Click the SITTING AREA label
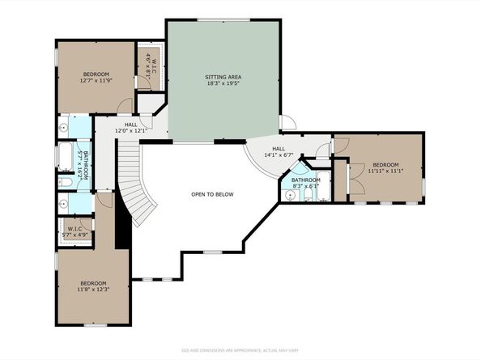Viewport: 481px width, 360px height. click(x=223, y=77)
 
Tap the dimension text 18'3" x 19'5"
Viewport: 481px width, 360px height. click(x=223, y=83)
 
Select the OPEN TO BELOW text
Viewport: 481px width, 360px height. click(x=212, y=194)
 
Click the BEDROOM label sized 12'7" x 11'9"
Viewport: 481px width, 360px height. click(x=96, y=74)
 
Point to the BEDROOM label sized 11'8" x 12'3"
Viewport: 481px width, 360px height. click(x=92, y=282)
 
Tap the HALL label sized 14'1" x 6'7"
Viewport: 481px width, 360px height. click(x=279, y=149)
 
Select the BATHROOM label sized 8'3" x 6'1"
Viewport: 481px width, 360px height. click(x=305, y=180)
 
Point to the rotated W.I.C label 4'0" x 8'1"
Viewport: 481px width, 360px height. click(x=149, y=62)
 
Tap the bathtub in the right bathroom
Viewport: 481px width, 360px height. click(x=321, y=197)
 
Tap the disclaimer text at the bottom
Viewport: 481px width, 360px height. click(x=240, y=350)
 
